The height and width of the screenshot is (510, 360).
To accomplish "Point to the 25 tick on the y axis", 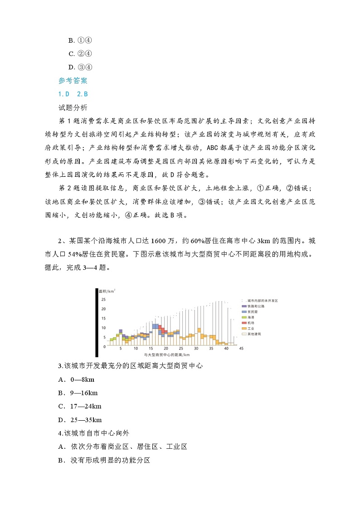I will [x=103, y=300].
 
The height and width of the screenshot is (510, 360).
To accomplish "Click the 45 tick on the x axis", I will [x=241, y=348].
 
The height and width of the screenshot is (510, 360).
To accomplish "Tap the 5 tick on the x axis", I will [x=121, y=348].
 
